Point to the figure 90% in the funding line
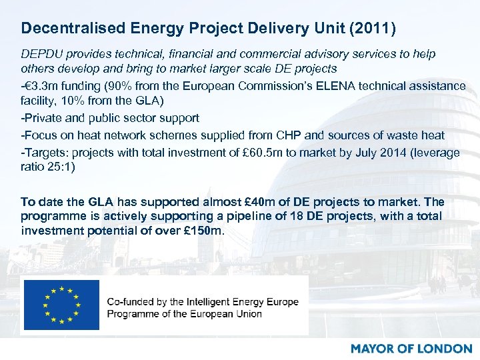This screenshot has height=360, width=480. tap(114, 87)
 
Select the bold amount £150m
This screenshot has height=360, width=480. tap(204, 231)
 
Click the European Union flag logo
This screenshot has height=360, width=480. tap(61, 305)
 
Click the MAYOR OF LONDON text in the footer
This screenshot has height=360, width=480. tap(411, 348)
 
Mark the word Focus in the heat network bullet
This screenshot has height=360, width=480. tap(41, 136)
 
